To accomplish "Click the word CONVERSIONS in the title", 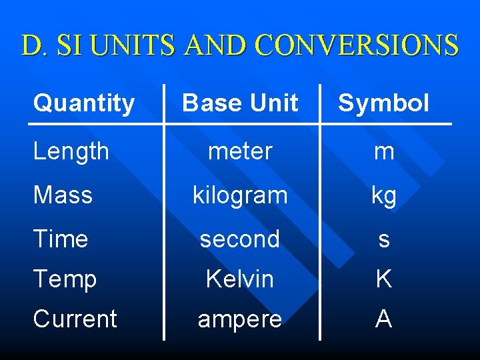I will (x=357, y=45).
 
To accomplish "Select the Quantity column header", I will (x=84, y=103).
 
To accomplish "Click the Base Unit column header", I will (x=240, y=103).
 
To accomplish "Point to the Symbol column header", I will (x=383, y=103).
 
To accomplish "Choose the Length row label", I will (x=71, y=151).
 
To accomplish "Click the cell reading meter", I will (x=240, y=151).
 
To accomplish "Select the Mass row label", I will (x=63, y=195).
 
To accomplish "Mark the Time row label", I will (x=61, y=239).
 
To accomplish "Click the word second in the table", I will (x=240, y=239).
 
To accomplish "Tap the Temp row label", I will (x=65, y=279).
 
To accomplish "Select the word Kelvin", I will (x=240, y=279).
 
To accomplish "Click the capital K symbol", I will (x=383, y=279).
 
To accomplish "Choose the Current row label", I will (x=75, y=319).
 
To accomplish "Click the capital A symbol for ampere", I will (x=383, y=319).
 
